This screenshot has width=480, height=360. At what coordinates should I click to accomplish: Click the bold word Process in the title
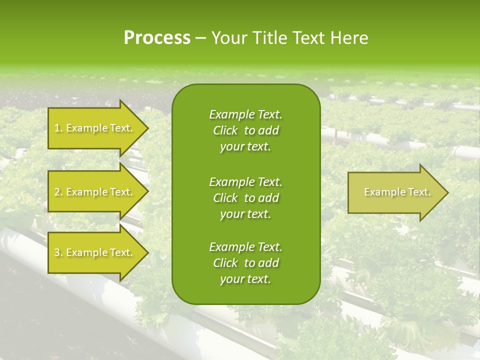click(x=157, y=38)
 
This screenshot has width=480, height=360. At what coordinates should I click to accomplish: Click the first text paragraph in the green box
click(x=246, y=130)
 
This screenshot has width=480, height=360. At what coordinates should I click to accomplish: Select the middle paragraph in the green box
click(x=246, y=197)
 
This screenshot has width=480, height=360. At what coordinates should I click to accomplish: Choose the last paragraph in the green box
click(x=246, y=263)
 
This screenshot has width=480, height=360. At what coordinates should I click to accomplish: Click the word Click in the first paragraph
click(x=225, y=130)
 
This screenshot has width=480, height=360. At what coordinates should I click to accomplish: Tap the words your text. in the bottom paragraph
click(x=245, y=279)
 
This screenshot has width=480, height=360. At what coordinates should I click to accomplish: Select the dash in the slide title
click(x=201, y=38)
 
